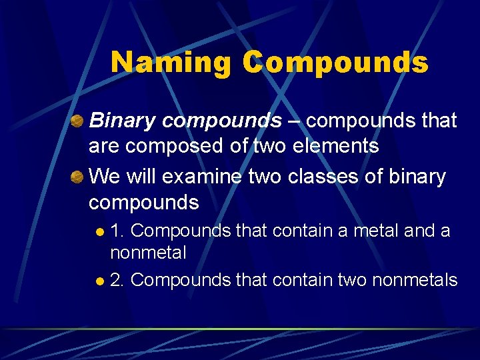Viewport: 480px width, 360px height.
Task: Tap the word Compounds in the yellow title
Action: pyautogui.click(x=335, y=63)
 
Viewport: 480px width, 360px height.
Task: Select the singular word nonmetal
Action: pyautogui.click(x=148, y=253)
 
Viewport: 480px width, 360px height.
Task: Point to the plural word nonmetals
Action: pyautogui.click(x=415, y=280)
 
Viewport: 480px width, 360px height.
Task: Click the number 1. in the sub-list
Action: pyautogui.click(x=118, y=231)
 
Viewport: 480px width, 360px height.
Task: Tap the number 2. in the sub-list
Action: pyautogui.click(x=118, y=280)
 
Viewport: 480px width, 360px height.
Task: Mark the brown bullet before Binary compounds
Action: pyautogui.click(x=77, y=121)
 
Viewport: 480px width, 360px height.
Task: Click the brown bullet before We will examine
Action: pyautogui.click(x=77, y=177)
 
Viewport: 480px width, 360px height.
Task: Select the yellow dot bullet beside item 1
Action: pyautogui.click(x=99, y=232)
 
